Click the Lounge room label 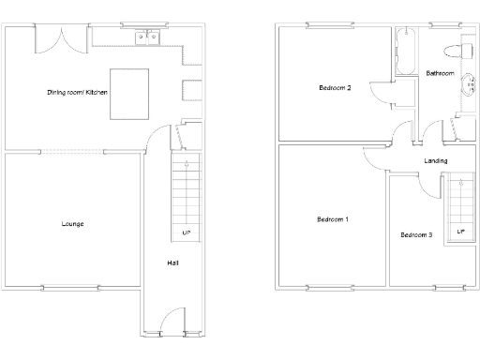[72, 223]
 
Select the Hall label [172, 263]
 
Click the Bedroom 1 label [333, 219]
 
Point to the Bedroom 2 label [335, 89]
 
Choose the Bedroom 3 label [416, 234]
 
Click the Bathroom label [440, 73]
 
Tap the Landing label [435, 161]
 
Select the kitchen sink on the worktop [147, 38]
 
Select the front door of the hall [172, 322]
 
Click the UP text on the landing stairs [460, 232]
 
